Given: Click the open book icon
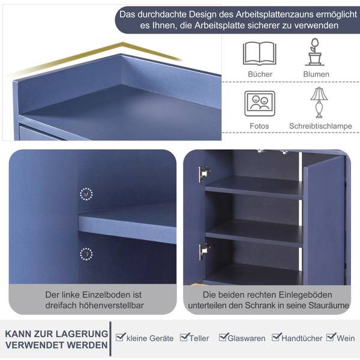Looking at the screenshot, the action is click(x=259, y=53).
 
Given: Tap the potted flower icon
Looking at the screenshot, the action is click(x=315, y=52).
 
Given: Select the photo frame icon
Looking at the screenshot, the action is click(x=260, y=104).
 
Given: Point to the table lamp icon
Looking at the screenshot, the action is click(x=319, y=103).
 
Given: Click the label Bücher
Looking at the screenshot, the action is click(x=260, y=74).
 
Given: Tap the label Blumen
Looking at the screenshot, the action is click(x=316, y=74).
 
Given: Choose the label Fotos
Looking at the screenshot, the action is click(x=259, y=126).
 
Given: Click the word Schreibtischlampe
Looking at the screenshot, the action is click(x=320, y=126).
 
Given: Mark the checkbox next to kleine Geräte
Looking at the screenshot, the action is click(x=121, y=337).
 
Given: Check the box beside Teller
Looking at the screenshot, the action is click(x=185, y=337).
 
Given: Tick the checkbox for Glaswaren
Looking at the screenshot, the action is click(x=224, y=337).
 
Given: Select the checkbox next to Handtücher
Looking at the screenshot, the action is click(x=277, y=337).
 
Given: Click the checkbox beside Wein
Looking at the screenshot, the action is click(x=331, y=337).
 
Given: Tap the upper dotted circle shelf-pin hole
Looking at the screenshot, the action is click(x=86, y=194).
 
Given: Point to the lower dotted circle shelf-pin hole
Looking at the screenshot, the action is click(x=86, y=254).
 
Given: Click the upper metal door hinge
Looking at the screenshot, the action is click(x=205, y=173).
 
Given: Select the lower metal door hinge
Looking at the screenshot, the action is click(x=205, y=251).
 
